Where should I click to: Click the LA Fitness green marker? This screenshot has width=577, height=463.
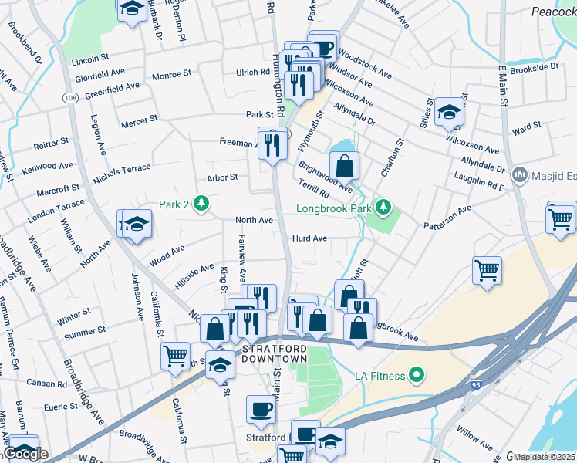417,376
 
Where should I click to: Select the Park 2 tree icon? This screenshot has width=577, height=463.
201,204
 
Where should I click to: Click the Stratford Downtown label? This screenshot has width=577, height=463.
275,354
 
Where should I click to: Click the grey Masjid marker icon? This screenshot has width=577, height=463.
519,174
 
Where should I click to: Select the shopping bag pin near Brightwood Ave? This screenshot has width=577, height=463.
344,164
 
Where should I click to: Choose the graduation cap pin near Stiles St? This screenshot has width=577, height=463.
448,113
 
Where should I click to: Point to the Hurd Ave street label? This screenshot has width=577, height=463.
309,238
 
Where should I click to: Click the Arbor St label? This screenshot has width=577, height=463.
221,177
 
